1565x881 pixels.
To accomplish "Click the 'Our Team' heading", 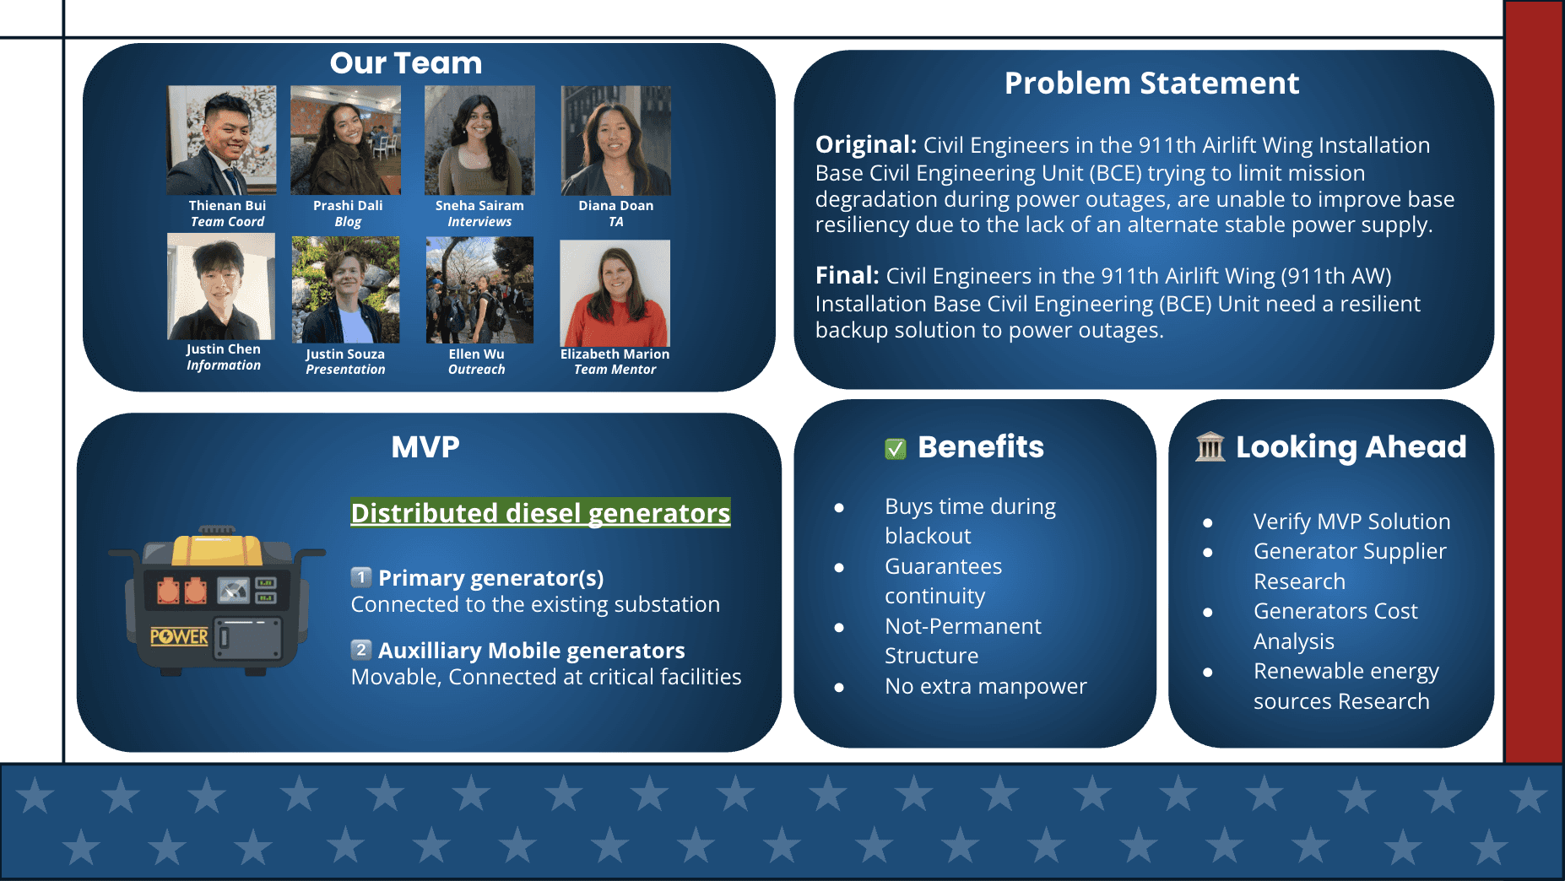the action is tap(406, 63).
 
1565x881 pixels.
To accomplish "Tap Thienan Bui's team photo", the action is tap(222, 140).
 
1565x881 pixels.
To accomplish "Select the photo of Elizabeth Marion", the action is tap(615, 294).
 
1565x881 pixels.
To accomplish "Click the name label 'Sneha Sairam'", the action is tap(479, 206).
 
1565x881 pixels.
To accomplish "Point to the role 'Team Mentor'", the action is tap(615, 370).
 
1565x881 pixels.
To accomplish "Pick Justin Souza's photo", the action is tap(345, 289).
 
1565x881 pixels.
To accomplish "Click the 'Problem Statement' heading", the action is tap(1151, 84).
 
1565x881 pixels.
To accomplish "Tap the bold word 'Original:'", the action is tap(866, 144).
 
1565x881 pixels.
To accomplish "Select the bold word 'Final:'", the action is tap(847, 275).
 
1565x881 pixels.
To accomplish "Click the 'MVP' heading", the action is tap(425, 446).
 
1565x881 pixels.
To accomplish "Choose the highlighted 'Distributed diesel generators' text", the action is tap(541, 513).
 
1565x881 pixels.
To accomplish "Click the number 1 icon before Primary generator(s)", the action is tap(361, 577).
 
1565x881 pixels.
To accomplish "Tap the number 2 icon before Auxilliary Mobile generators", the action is tap(361, 650).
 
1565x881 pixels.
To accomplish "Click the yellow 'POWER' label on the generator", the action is tap(179, 636).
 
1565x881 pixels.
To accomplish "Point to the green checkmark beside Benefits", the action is tap(896, 449).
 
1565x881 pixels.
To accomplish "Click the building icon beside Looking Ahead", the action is tap(1210, 447).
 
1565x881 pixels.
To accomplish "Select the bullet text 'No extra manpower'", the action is tap(986, 686).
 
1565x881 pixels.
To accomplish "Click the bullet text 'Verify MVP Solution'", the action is tap(1352, 522).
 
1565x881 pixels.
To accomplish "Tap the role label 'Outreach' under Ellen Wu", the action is tap(477, 370).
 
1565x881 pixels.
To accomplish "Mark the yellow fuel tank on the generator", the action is tap(217, 549).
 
